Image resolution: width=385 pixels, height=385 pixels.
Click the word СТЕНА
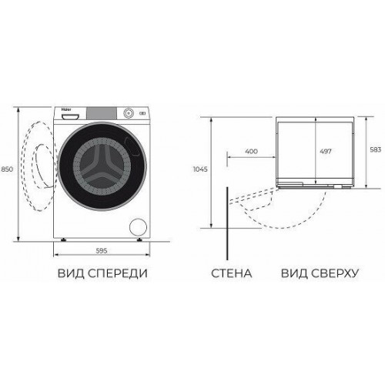[x=229, y=273]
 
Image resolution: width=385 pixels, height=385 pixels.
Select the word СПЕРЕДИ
[x=115, y=273]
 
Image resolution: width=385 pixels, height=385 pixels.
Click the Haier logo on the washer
[x=62, y=111]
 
